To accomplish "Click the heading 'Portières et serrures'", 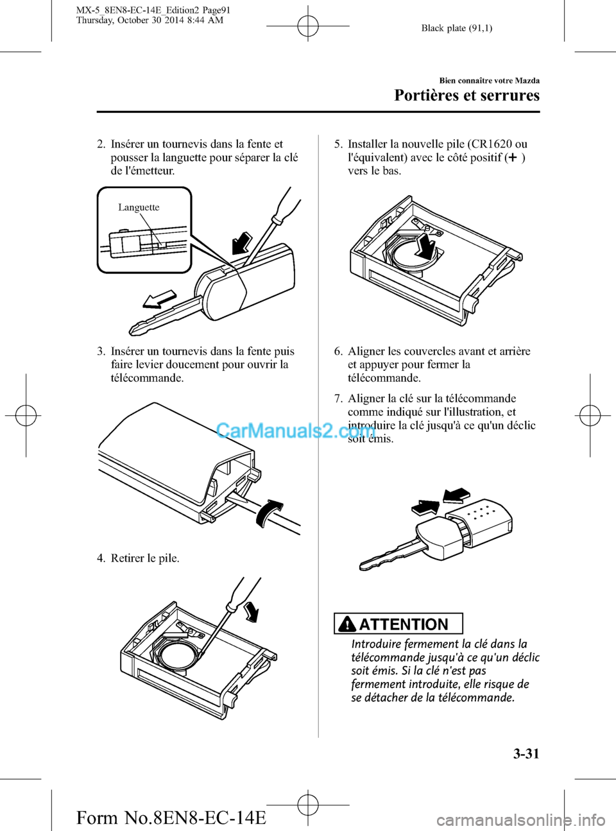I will point(466,96).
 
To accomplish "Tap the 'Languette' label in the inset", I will point(139,207).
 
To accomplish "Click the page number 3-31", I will point(526,753).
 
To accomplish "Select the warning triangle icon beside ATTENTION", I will point(346,624).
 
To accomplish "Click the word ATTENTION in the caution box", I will point(404,624).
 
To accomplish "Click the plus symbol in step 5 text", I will point(513,157).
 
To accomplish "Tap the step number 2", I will point(101,144).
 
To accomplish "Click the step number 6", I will point(338,351).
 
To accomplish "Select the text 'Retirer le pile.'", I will point(145,558).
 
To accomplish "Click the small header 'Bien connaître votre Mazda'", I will point(489,81).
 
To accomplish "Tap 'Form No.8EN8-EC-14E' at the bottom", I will point(171,818).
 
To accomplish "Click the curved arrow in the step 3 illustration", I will point(268,512).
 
